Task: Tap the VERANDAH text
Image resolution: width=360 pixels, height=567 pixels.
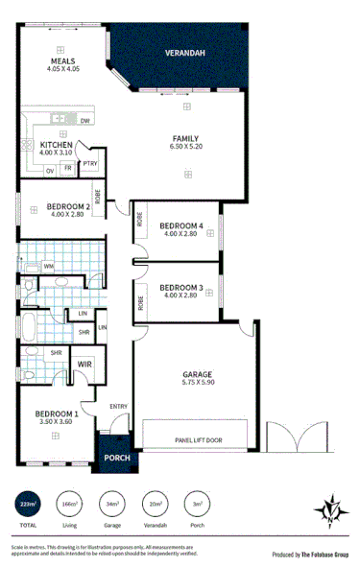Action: click(183, 54)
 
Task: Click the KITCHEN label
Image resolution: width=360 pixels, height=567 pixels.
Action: click(57, 146)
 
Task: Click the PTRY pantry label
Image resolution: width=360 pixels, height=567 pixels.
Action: click(89, 164)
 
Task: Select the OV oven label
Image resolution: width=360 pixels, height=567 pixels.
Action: click(49, 169)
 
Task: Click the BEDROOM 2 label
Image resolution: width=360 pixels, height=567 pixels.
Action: click(56, 206)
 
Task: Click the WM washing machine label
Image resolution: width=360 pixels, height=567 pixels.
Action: click(48, 265)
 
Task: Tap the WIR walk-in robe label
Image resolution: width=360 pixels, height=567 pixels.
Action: click(84, 365)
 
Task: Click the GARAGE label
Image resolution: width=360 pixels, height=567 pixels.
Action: click(196, 374)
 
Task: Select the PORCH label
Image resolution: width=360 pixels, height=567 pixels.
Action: click(116, 458)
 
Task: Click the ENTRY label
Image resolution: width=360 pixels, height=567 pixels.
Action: click(118, 406)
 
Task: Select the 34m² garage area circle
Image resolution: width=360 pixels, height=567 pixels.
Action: click(111, 503)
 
